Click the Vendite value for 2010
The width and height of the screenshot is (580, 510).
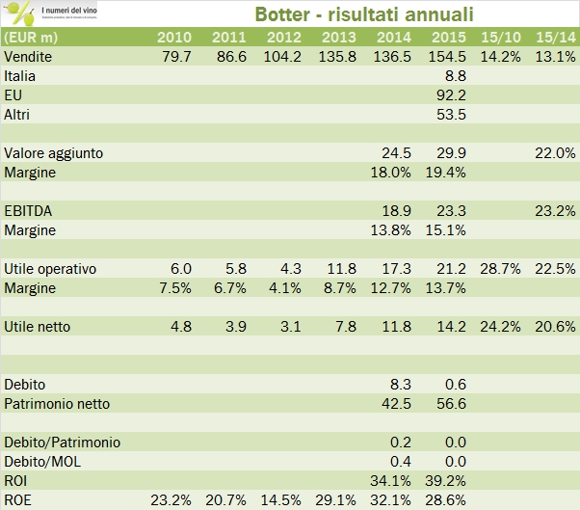coord(176,56)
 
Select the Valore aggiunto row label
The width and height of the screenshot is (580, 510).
coord(54,152)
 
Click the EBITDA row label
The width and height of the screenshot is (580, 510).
coord(28,210)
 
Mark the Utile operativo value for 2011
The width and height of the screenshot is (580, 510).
coord(235,268)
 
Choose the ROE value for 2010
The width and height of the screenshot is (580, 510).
coord(171,500)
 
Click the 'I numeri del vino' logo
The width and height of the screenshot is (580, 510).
coord(58,14)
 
